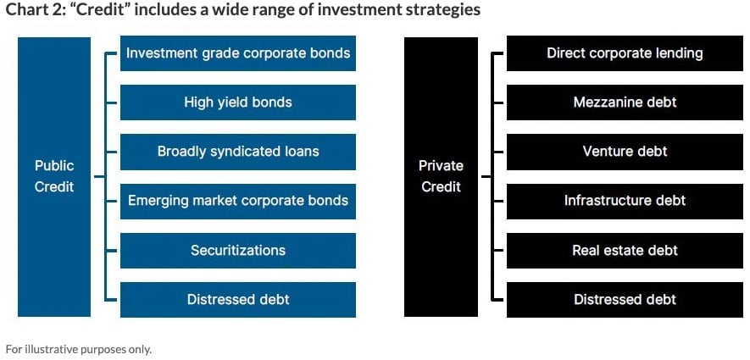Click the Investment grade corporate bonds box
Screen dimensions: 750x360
238,53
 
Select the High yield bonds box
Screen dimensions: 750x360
238,102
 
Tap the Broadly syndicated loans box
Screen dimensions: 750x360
238,152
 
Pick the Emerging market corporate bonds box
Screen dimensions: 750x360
238,201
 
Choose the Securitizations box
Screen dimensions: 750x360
238,251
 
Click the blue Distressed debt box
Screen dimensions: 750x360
238,300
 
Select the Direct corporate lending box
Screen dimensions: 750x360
625,53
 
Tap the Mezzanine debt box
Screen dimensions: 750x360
625,102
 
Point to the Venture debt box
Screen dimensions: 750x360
625,152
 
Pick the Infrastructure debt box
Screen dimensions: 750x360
625,201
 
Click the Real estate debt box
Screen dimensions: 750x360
625,251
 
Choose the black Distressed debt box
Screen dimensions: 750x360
625,300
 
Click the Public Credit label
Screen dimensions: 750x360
54,176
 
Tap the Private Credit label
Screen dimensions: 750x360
441,176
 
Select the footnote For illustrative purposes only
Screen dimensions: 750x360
79,349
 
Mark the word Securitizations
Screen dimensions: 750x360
238,250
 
